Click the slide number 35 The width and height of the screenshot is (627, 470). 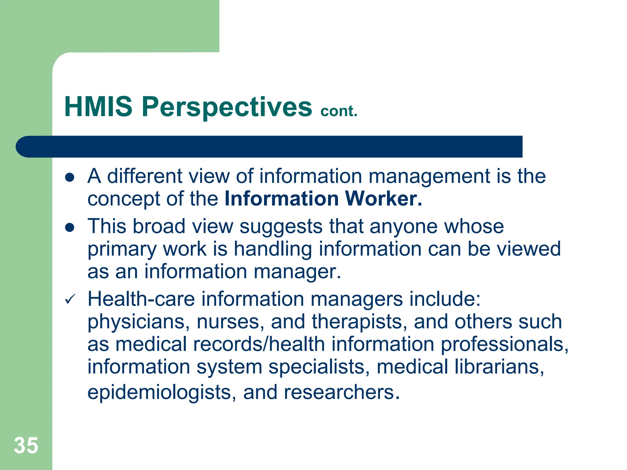[26, 446]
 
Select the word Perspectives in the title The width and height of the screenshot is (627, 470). [227, 107]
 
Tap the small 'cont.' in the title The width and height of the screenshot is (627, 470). [339, 111]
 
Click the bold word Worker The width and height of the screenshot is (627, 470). [384, 199]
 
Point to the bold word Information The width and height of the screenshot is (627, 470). [282, 199]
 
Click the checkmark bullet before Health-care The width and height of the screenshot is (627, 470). [70, 299]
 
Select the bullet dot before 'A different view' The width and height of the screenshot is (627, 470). [70, 177]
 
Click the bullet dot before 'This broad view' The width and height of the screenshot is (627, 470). [70, 227]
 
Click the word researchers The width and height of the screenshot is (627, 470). [342, 392]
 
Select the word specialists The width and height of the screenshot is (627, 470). [319, 367]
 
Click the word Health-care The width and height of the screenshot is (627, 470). [141, 299]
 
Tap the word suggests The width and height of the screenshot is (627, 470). [281, 227]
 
